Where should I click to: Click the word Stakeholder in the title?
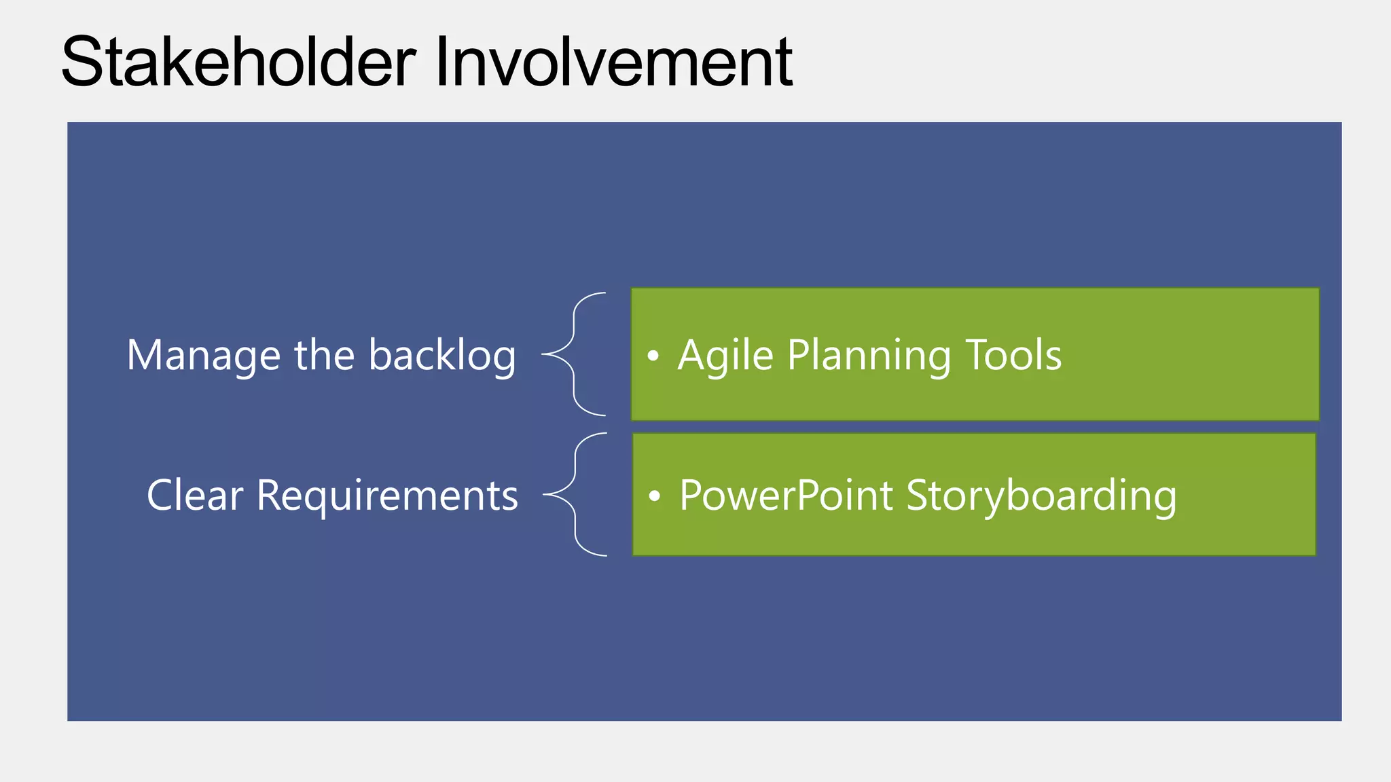click(238, 62)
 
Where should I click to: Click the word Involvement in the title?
click(613, 62)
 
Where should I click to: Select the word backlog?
click(442, 356)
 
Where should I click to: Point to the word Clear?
click(195, 496)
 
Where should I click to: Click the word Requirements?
click(387, 496)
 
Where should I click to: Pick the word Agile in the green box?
click(725, 356)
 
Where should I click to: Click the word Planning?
click(869, 356)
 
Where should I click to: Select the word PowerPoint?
click(786, 496)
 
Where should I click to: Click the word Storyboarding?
click(1041, 496)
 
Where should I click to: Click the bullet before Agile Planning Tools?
click(653, 356)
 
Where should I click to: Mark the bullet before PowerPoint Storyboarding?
click(654, 496)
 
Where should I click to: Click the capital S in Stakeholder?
click(82, 62)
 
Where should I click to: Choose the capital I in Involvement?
click(441, 62)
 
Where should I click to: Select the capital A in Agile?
click(693, 355)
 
